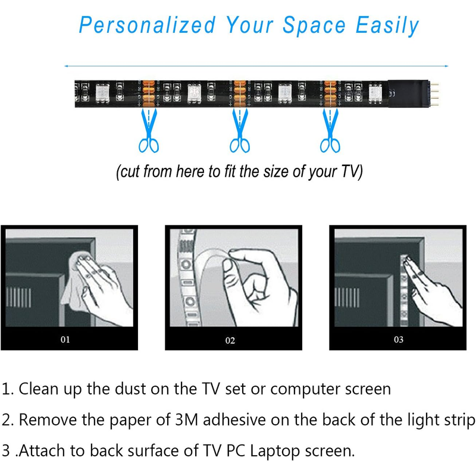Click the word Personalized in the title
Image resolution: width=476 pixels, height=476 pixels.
[147, 25]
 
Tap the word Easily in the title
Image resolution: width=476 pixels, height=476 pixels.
[387, 26]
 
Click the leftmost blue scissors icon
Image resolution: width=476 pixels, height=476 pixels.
[149, 130]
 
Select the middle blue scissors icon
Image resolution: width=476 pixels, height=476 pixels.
[240, 130]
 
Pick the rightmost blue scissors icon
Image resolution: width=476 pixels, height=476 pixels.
[330, 130]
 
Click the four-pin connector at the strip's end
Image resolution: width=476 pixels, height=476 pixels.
[434, 94]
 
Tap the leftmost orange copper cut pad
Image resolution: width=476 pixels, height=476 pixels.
[148, 93]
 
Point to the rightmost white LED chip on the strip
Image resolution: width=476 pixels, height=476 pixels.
[375, 93]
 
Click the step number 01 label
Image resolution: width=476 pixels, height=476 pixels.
[65, 339]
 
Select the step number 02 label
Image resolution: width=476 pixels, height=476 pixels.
[230, 340]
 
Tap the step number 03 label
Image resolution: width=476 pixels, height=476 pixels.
[399, 339]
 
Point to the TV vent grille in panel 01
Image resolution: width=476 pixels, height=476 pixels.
[18, 297]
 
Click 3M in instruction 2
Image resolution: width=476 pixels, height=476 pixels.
[187, 420]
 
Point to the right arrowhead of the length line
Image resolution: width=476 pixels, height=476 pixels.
[446, 66]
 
